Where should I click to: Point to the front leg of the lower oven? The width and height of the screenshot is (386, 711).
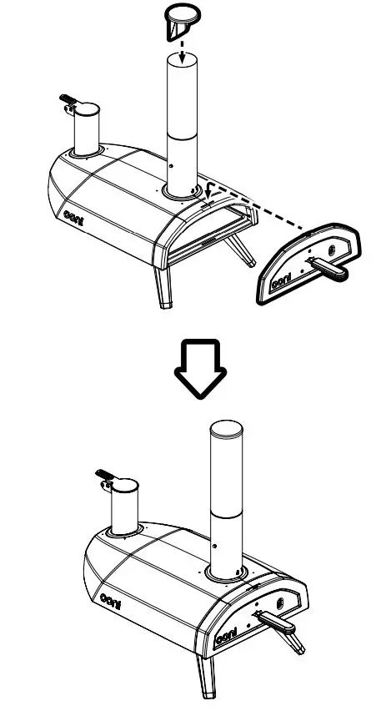pyautogui.click(x=206, y=674)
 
